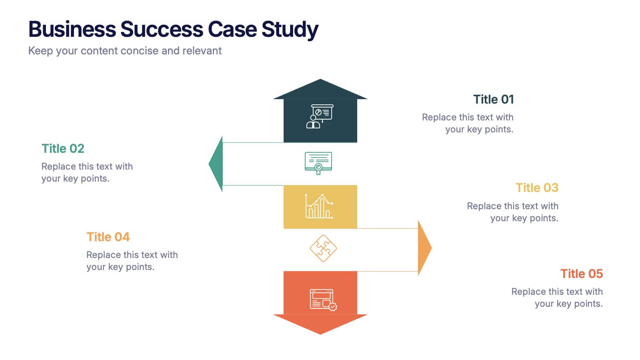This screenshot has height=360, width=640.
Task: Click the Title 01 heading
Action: coord(493,99)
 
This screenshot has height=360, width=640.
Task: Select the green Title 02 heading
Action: coord(63,148)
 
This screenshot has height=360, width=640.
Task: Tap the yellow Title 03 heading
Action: coord(537,188)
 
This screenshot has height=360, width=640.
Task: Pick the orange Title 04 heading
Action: coord(108,237)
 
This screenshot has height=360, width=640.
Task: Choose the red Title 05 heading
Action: coord(581,274)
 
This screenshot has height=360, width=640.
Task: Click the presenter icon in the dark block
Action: coord(320,116)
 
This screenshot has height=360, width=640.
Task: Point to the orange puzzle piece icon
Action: coord(323,248)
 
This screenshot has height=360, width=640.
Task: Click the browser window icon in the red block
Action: coord(323,299)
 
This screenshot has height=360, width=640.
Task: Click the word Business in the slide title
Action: coord(72,29)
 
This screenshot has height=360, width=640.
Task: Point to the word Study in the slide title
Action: coord(290,30)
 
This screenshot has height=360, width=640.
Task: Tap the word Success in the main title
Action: coord(162,29)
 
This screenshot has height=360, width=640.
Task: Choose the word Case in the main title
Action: coord(232,29)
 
